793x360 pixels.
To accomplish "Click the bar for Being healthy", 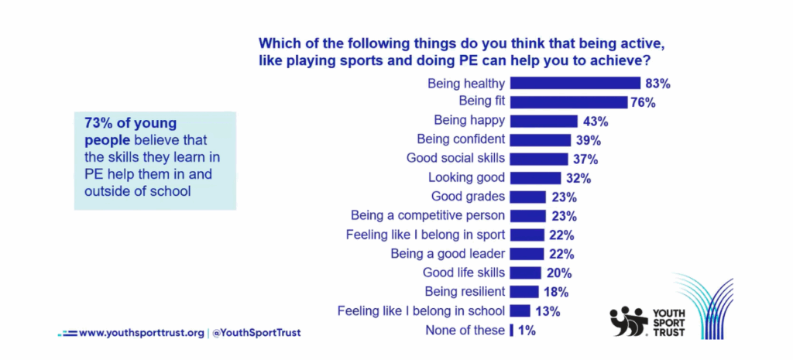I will point(575,84).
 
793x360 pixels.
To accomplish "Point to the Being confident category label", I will point(461,139).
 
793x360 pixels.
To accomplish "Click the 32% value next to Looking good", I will point(579,178).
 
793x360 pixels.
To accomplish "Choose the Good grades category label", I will point(469,197).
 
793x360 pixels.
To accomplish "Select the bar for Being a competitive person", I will point(527,216).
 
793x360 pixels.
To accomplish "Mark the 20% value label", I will point(558,273).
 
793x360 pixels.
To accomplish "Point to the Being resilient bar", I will point(524,292).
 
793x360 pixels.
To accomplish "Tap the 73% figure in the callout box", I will point(97,123).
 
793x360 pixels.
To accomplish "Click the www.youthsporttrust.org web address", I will point(142,333).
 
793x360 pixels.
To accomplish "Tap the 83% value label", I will point(657,84).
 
